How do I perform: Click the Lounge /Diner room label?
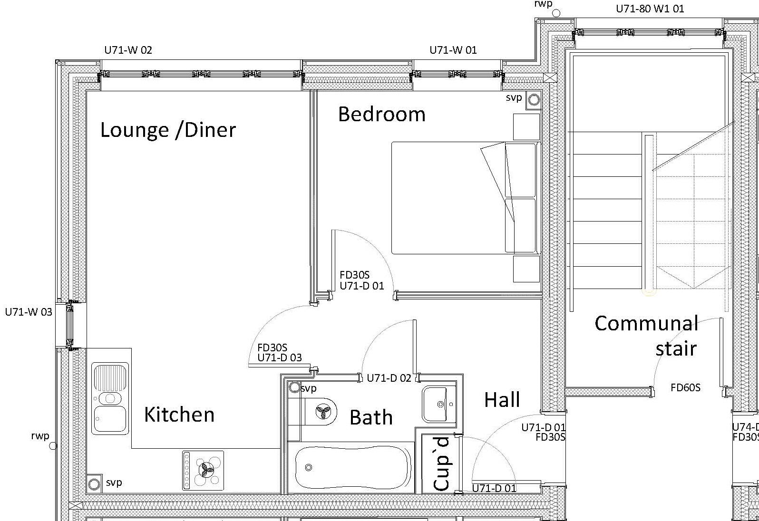(168, 130)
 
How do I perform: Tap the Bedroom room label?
(382, 114)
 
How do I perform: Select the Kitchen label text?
(179, 414)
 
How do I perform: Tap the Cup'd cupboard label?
(441, 464)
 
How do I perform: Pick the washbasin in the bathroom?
(439, 404)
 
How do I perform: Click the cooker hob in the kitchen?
(203, 470)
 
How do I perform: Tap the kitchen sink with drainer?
(110, 398)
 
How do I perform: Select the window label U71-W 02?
(128, 50)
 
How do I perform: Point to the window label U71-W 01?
(453, 50)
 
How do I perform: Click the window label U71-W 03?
(29, 312)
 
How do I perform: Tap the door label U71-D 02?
(389, 378)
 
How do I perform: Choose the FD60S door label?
(685, 387)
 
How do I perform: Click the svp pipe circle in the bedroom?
(534, 100)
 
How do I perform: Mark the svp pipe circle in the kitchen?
(94, 484)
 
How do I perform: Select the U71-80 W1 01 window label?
(650, 9)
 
